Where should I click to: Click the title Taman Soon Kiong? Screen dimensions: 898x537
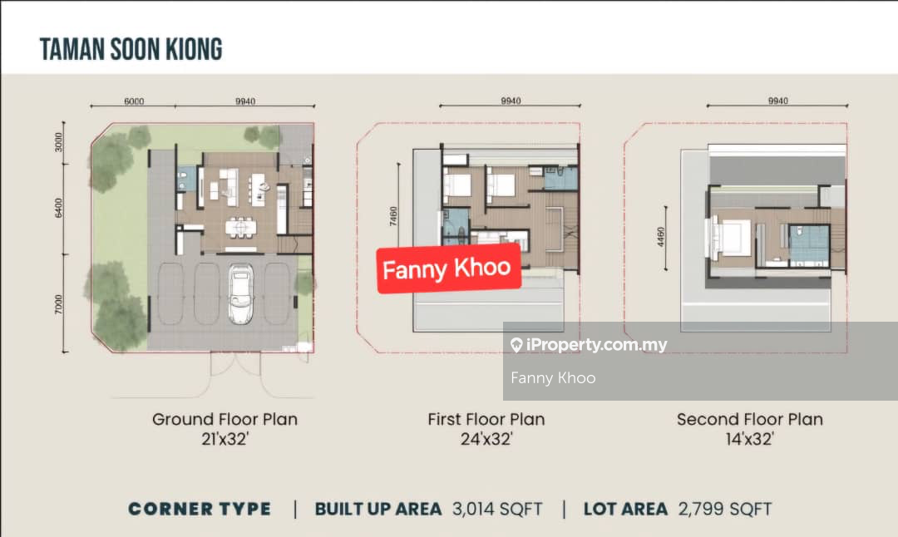click(131, 49)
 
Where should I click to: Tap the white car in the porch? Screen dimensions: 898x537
click(241, 293)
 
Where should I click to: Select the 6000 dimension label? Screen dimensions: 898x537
click(134, 101)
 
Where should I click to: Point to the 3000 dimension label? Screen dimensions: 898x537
click(58, 142)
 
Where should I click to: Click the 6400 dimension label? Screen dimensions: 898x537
click(58, 207)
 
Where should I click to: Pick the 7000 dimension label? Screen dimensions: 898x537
click(58, 304)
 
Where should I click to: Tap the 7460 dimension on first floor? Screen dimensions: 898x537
click(392, 216)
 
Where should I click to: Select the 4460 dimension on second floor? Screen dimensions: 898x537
click(661, 237)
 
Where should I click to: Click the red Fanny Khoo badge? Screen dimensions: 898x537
click(448, 268)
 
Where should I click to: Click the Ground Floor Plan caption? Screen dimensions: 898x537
click(224, 419)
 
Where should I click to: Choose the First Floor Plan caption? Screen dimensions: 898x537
click(486, 419)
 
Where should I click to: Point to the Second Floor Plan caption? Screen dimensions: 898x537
click(750, 419)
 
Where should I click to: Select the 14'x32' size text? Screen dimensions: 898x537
click(750, 439)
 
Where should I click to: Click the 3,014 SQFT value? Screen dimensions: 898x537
click(497, 509)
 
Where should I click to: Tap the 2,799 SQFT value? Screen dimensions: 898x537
click(724, 509)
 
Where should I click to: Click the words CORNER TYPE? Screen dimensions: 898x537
click(200, 509)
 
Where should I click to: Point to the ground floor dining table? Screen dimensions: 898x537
click(241, 227)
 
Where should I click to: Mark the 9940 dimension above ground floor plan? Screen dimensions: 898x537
click(245, 101)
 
